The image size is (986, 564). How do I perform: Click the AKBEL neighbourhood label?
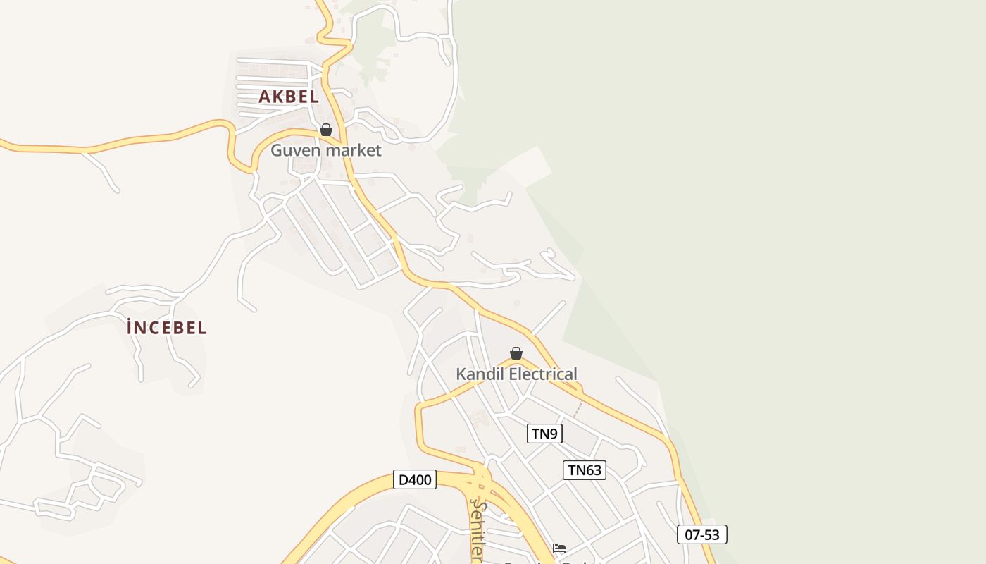pyautogui.click(x=289, y=97)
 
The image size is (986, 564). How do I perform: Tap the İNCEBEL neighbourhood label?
pyautogui.click(x=167, y=328)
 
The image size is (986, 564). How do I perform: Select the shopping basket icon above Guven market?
pyautogui.click(x=326, y=130)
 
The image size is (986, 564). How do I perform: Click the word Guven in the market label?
pyautogui.click(x=294, y=150)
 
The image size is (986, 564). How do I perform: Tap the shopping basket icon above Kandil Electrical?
pyautogui.click(x=516, y=353)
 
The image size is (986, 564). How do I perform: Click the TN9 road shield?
pyautogui.click(x=544, y=434)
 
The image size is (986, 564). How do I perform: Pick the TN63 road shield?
pyautogui.click(x=585, y=470)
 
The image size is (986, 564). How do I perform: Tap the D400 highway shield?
pyautogui.click(x=415, y=480)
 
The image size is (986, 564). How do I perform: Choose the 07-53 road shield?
pyautogui.click(x=702, y=534)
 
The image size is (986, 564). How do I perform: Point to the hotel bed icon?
pyautogui.click(x=559, y=548)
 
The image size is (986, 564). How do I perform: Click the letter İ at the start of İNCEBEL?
pyautogui.click(x=130, y=328)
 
